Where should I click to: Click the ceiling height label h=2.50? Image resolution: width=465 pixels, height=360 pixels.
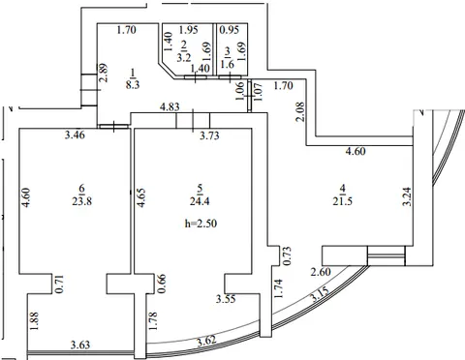[x=201, y=224]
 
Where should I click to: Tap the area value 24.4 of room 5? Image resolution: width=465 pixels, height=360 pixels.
[x=200, y=201]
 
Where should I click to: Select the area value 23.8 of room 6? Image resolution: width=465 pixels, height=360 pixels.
[x=82, y=201]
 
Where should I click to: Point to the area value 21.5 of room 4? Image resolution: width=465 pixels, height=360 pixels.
[x=342, y=201]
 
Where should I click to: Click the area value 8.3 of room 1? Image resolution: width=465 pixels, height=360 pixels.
[x=133, y=85]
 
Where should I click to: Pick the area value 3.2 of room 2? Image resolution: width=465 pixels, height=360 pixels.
[x=184, y=57]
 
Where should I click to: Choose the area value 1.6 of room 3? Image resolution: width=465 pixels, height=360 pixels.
[x=228, y=64]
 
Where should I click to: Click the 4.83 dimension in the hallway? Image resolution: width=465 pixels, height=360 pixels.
[x=170, y=106]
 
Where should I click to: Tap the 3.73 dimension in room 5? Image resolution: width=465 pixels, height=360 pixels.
[x=209, y=135]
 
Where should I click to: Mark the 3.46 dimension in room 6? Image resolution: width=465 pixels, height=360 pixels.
[x=75, y=135]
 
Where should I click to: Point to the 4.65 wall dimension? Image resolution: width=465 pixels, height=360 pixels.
[x=141, y=197]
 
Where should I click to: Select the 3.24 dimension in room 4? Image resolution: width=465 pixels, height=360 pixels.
[x=407, y=196]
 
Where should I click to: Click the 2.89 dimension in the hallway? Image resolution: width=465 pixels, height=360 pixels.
[x=104, y=73]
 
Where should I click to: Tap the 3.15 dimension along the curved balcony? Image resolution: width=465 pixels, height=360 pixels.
[x=320, y=294]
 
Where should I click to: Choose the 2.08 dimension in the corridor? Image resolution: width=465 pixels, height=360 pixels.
[x=300, y=111]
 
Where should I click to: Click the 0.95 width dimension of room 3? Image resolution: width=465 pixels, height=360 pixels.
[x=230, y=30]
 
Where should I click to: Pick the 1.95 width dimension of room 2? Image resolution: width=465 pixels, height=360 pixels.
[x=188, y=30]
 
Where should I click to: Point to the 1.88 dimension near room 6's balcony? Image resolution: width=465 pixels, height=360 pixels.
[x=34, y=320]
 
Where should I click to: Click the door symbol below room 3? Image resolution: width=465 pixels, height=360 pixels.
[x=230, y=77]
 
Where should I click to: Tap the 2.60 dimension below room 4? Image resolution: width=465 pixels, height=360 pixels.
[x=321, y=272]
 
